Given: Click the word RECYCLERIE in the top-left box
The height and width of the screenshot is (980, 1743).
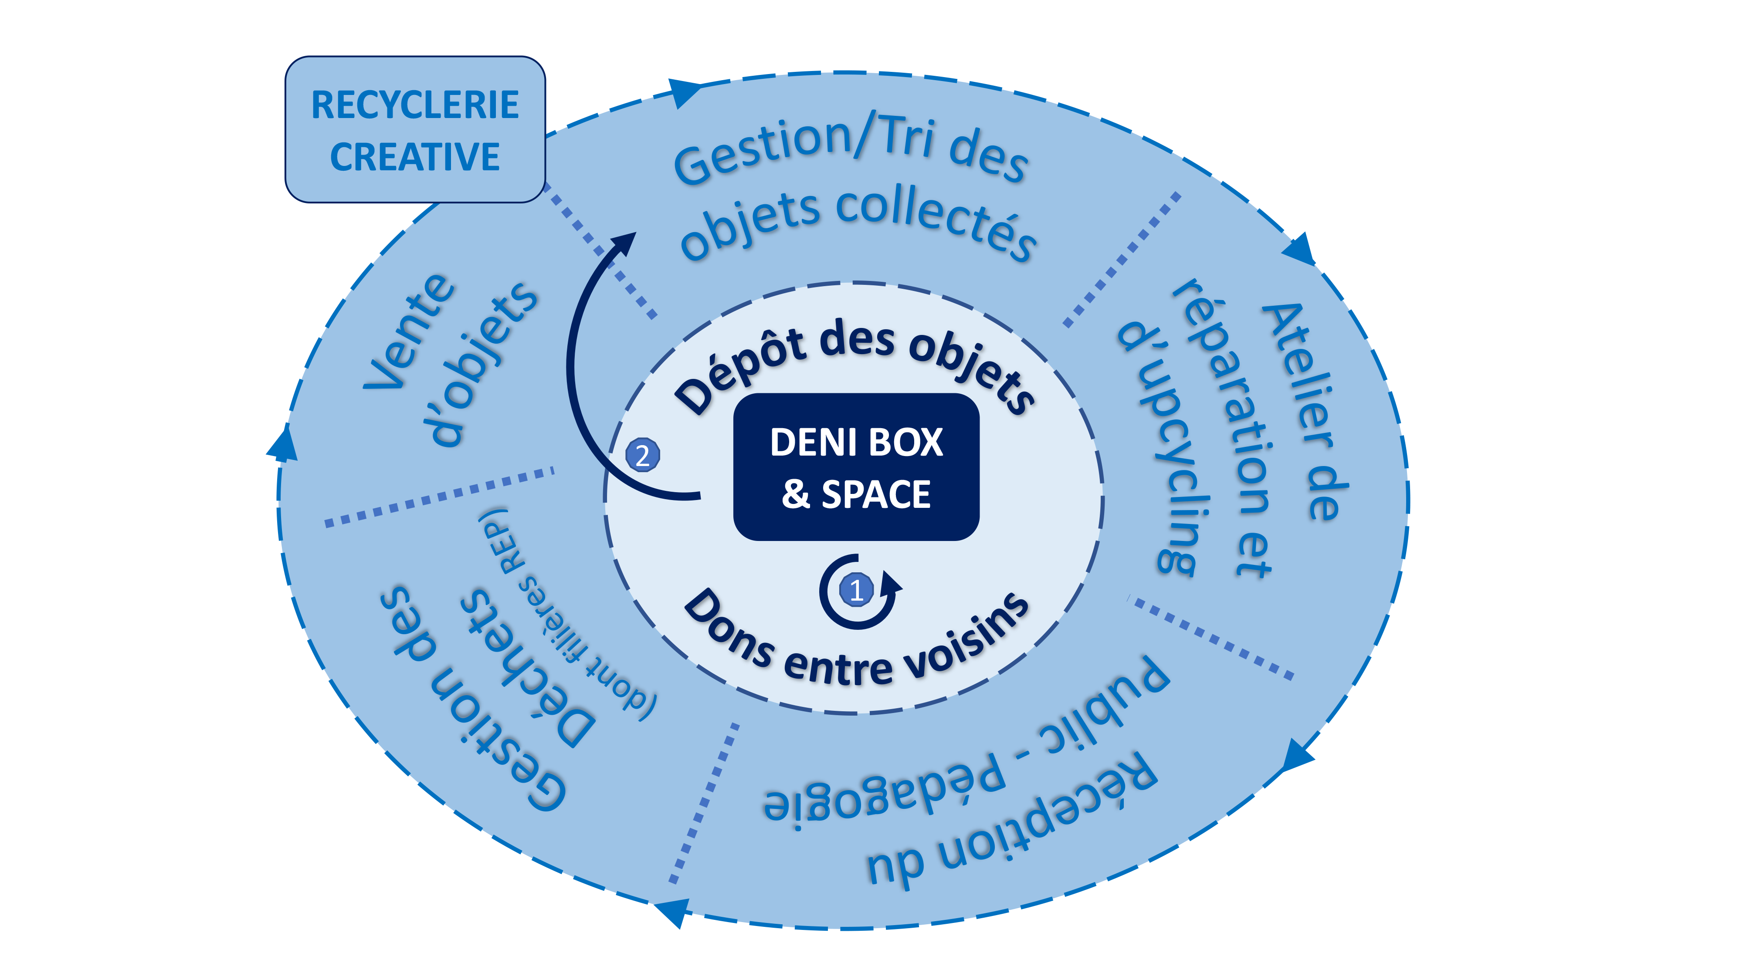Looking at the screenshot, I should (415, 105).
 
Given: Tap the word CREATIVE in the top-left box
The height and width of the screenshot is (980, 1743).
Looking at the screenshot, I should (415, 157).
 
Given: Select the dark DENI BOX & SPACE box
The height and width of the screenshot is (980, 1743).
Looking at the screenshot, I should (856, 466).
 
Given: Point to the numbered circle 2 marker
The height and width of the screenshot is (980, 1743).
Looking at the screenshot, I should (642, 455).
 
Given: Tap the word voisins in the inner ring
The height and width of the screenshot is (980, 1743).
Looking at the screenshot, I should (967, 636).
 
